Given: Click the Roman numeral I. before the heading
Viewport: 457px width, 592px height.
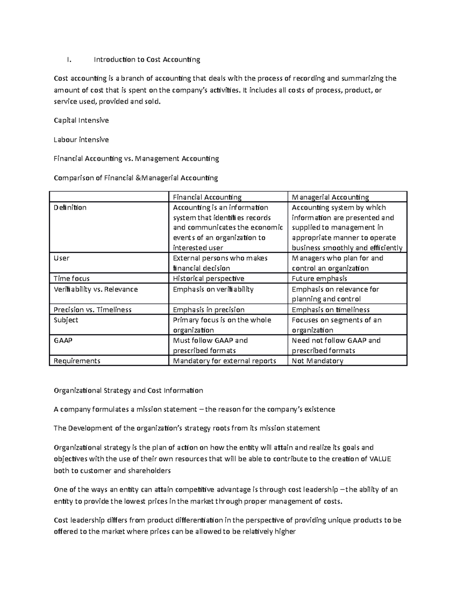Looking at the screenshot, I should (x=69, y=59).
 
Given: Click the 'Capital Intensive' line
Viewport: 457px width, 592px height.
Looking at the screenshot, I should (x=81, y=120).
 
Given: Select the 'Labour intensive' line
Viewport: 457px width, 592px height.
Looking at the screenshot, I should (x=81, y=140).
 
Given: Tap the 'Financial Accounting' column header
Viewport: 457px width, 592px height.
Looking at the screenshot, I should (x=207, y=197).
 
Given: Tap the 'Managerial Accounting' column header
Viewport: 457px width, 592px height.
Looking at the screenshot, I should (x=330, y=197).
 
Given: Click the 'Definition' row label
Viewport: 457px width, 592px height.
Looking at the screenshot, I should (x=70, y=207).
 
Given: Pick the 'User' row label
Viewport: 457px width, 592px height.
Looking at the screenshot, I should (x=62, y=258).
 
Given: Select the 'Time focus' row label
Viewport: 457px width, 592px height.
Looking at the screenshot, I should (x=72, y=279).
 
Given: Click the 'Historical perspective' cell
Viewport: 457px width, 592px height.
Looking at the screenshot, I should (x=208, y=279).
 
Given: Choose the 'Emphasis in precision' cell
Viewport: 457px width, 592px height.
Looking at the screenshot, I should (x=208, y=310).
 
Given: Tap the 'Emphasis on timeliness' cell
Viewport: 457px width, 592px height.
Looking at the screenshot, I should (x=331, y=310).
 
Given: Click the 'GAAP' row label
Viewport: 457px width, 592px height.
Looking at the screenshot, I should (x=63, y=340).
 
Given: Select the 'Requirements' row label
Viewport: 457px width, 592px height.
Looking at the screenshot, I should (x=77, y=361).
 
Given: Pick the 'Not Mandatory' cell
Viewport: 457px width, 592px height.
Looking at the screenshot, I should (x=317, y=361).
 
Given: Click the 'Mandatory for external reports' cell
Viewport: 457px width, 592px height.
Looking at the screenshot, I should (x=224, y=361).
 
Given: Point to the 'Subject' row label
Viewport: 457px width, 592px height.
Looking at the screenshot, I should (x=66, y=320).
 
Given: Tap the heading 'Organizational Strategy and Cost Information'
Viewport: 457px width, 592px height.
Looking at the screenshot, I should (x=128, y=390).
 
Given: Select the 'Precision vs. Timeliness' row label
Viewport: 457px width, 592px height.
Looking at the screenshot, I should (x=93, y=310).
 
